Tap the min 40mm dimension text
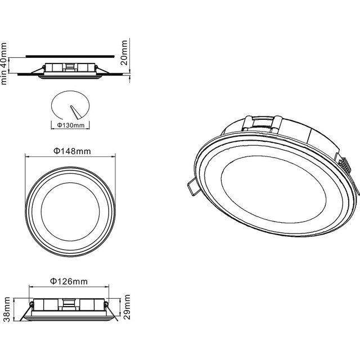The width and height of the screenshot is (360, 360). (5, 62)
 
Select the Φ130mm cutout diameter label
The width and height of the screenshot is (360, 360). (71, 125)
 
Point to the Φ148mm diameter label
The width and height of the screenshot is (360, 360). (72, 151)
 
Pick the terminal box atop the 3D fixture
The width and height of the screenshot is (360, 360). (263, 122)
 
